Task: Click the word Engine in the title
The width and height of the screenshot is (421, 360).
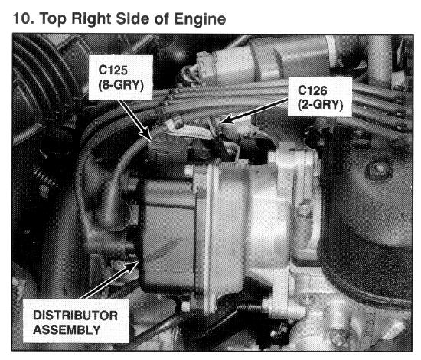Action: (x=200, y=19)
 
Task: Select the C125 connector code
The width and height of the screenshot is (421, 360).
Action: (x=113, y=70)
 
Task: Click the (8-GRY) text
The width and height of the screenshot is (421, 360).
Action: (x=121, y=86)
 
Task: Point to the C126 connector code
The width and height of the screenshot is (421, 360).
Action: (x=312, y=90)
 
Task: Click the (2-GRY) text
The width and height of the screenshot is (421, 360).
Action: (x=320, y=105)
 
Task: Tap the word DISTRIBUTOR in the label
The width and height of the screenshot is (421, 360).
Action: (x=76, y=316)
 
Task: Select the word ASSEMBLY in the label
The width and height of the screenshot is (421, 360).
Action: (x=67, y=329)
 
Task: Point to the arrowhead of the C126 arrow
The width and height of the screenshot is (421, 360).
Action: (x=225, y=119)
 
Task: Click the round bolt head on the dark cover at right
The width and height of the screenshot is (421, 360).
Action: (x=379, y=169)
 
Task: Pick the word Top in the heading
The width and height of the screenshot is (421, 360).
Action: (x=53, y=19)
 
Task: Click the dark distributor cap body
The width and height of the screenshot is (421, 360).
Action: (x=166, y=234)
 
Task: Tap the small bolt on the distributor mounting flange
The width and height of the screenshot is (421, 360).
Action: (x=303, y=211)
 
